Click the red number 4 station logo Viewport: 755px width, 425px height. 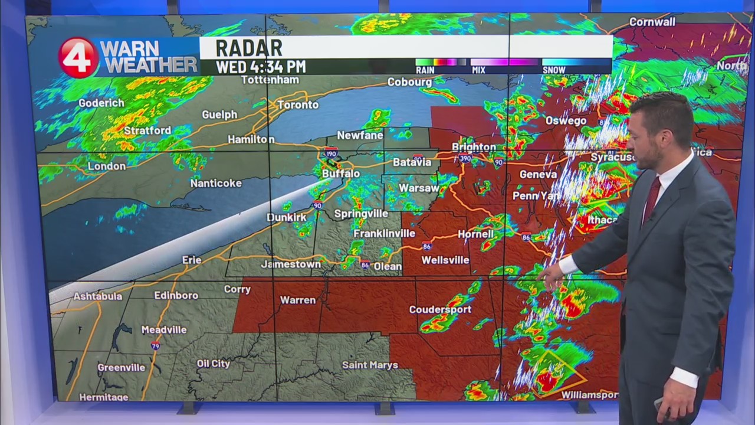tap(78, 57)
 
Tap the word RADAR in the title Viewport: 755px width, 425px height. tap(248, 48)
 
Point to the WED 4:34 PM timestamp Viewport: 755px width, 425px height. tap(261, 67)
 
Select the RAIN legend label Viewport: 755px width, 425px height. tap(425, 70)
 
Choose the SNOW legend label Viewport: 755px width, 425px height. tap(554, 70)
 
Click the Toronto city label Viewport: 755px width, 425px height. tap(298, 105)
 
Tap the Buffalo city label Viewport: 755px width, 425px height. tap(341, 174)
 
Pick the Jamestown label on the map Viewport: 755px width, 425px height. tap(291, 264)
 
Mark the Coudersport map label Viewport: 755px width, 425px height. tap(440, 309)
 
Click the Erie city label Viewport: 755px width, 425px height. tap(192, 260)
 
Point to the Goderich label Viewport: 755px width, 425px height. tap(101, 103)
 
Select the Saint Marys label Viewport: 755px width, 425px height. tap(370, 365)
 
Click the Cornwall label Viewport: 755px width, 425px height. tap(652, 22)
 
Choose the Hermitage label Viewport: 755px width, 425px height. tap(104, 397)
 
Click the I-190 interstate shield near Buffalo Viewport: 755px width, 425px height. tap(331, 153)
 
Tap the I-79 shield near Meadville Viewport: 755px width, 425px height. tap(155, 345)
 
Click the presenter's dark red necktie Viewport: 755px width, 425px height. tap(651, 198)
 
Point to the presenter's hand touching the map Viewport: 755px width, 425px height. tap(553, 277)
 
